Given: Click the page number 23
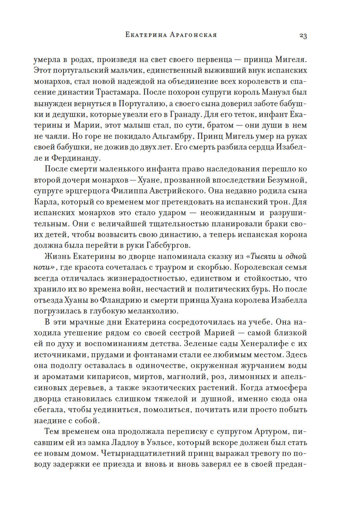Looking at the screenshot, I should [x=303, y=35].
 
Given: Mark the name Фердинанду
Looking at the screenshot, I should [x=76, y=158].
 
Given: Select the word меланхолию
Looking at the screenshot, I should [x=151, y=311].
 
